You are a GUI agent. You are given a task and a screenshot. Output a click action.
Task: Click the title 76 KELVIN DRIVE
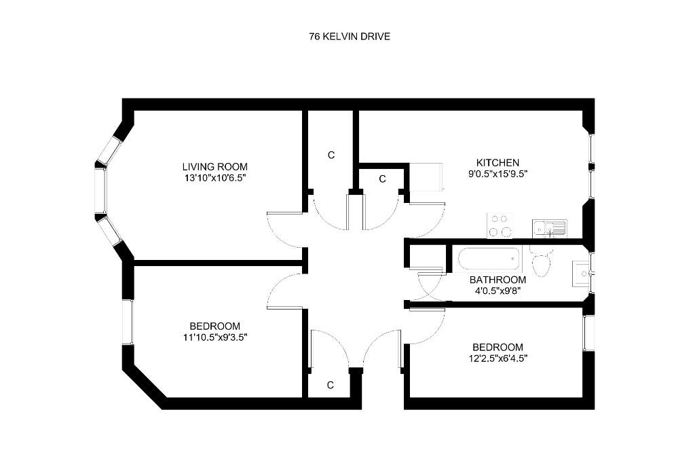click(x=350, y=37)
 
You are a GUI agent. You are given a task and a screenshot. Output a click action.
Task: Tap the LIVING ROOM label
click(x=215, y=167)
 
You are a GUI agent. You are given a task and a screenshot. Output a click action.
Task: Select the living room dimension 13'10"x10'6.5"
click(x=215, y=178)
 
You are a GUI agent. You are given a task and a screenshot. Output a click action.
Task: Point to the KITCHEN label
click(x=497, y=163)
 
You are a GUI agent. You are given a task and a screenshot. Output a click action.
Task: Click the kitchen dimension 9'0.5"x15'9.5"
click(x=497, y=174)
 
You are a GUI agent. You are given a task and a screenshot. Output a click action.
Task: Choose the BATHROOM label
click(x=497, y=280)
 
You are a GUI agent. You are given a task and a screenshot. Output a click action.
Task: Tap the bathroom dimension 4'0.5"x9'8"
click(x=497, y=291)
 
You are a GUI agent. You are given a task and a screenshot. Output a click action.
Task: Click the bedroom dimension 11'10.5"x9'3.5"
click(x=215, y=337)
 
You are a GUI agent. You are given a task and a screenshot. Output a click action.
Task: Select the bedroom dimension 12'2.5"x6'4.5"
click(x=497, y=358)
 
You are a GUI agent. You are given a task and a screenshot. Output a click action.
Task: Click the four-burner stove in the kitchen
click(x=500, y=225)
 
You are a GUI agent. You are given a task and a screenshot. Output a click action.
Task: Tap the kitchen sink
click(x=550, y=229)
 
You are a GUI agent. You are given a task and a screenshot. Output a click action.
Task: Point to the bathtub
click(x=488, y=259)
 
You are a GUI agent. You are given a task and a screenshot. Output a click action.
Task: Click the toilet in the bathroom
click(x=542, y=261)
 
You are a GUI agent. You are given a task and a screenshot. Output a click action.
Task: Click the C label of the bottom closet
click(x=331, y=386)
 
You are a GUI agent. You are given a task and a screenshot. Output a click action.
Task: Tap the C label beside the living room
click(x=331, y=155)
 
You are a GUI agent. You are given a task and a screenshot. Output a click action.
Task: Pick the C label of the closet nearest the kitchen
click(x=383, y=179)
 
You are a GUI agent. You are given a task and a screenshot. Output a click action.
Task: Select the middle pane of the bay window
click(x=100, y=191)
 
